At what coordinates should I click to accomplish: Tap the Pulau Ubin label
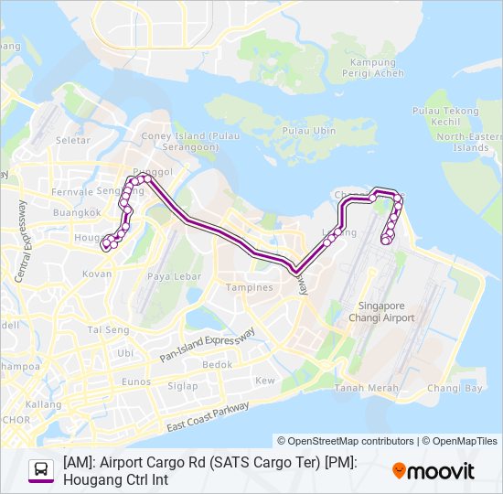[x=305, y=131]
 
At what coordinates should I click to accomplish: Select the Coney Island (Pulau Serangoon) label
[x=179, y=142]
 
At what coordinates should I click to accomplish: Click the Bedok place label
[x=217, y=364]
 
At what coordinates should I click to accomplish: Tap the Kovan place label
[x=96, y=274]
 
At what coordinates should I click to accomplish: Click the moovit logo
[x=433, y=471]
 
